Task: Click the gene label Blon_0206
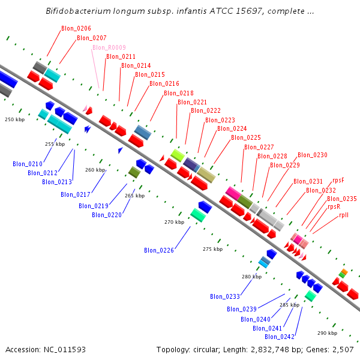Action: [x=76, y=29]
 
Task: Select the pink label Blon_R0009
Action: [x=109, y=47]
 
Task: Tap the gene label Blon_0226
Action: [x=159, y=250]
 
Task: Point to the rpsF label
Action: [x=338, y=180]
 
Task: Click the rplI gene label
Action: [x=344, y=215]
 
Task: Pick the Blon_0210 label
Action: [x=28, y=164]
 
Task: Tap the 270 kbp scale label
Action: [x=174, y=222]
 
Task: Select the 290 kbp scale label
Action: [x=327, y=333]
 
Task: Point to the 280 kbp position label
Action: [x=252, y=277]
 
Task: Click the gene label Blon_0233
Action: [x=225, y=296]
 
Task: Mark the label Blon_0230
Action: [x=313, y=155]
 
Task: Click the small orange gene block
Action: [x=344, y=272]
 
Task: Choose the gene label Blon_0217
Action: [x=76, y=194]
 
